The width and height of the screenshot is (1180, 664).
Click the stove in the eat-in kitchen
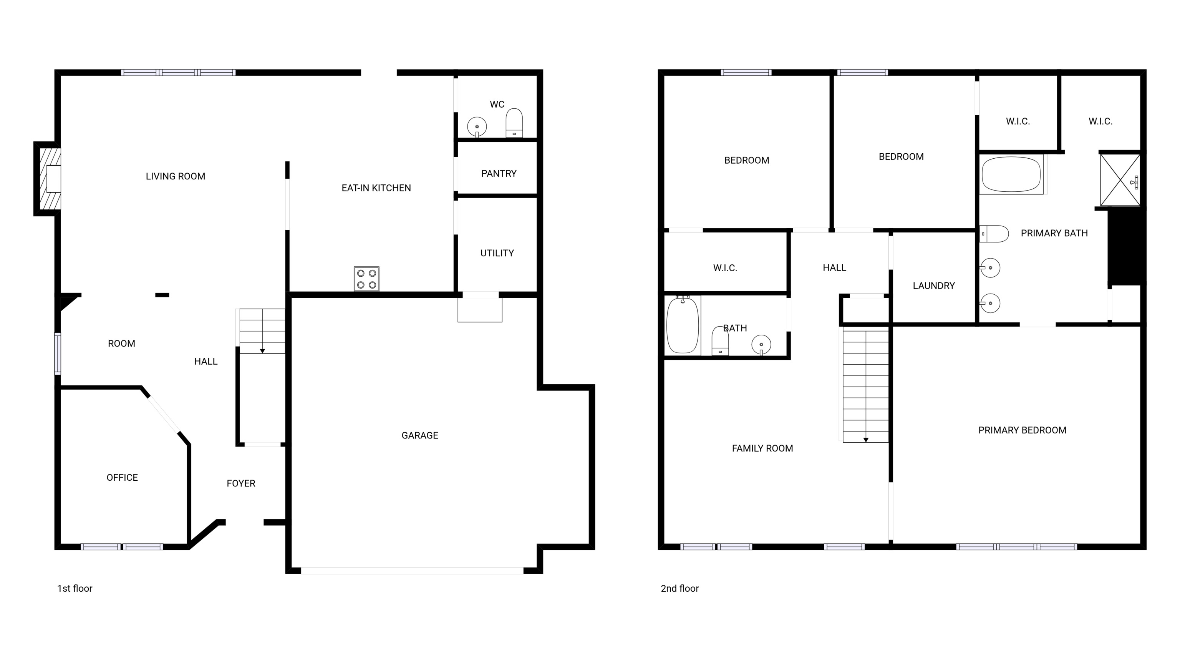click(x=366, y=279)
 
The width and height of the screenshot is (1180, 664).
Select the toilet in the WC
click(x=514, y=123)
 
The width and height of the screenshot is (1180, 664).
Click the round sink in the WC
click(x=477, y=127)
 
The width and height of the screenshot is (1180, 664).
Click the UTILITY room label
click(x=497, y=253)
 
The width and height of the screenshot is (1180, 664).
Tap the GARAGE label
click(x=419, y=435)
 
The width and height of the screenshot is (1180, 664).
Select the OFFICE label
click(x=122, y=478)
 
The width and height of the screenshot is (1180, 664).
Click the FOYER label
click(x=241, y=483)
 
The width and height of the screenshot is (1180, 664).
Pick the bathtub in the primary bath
click(x=1011, y=174)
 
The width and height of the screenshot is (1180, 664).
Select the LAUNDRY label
click(x=933, y=286)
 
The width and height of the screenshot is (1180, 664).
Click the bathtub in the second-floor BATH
click(x=683, y=325)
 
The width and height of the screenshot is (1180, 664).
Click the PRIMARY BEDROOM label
click(x=1022, y=430)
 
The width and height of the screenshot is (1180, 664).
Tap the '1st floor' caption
click(x=75, y=588)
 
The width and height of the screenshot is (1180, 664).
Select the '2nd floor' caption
click(x=679, y=588)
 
